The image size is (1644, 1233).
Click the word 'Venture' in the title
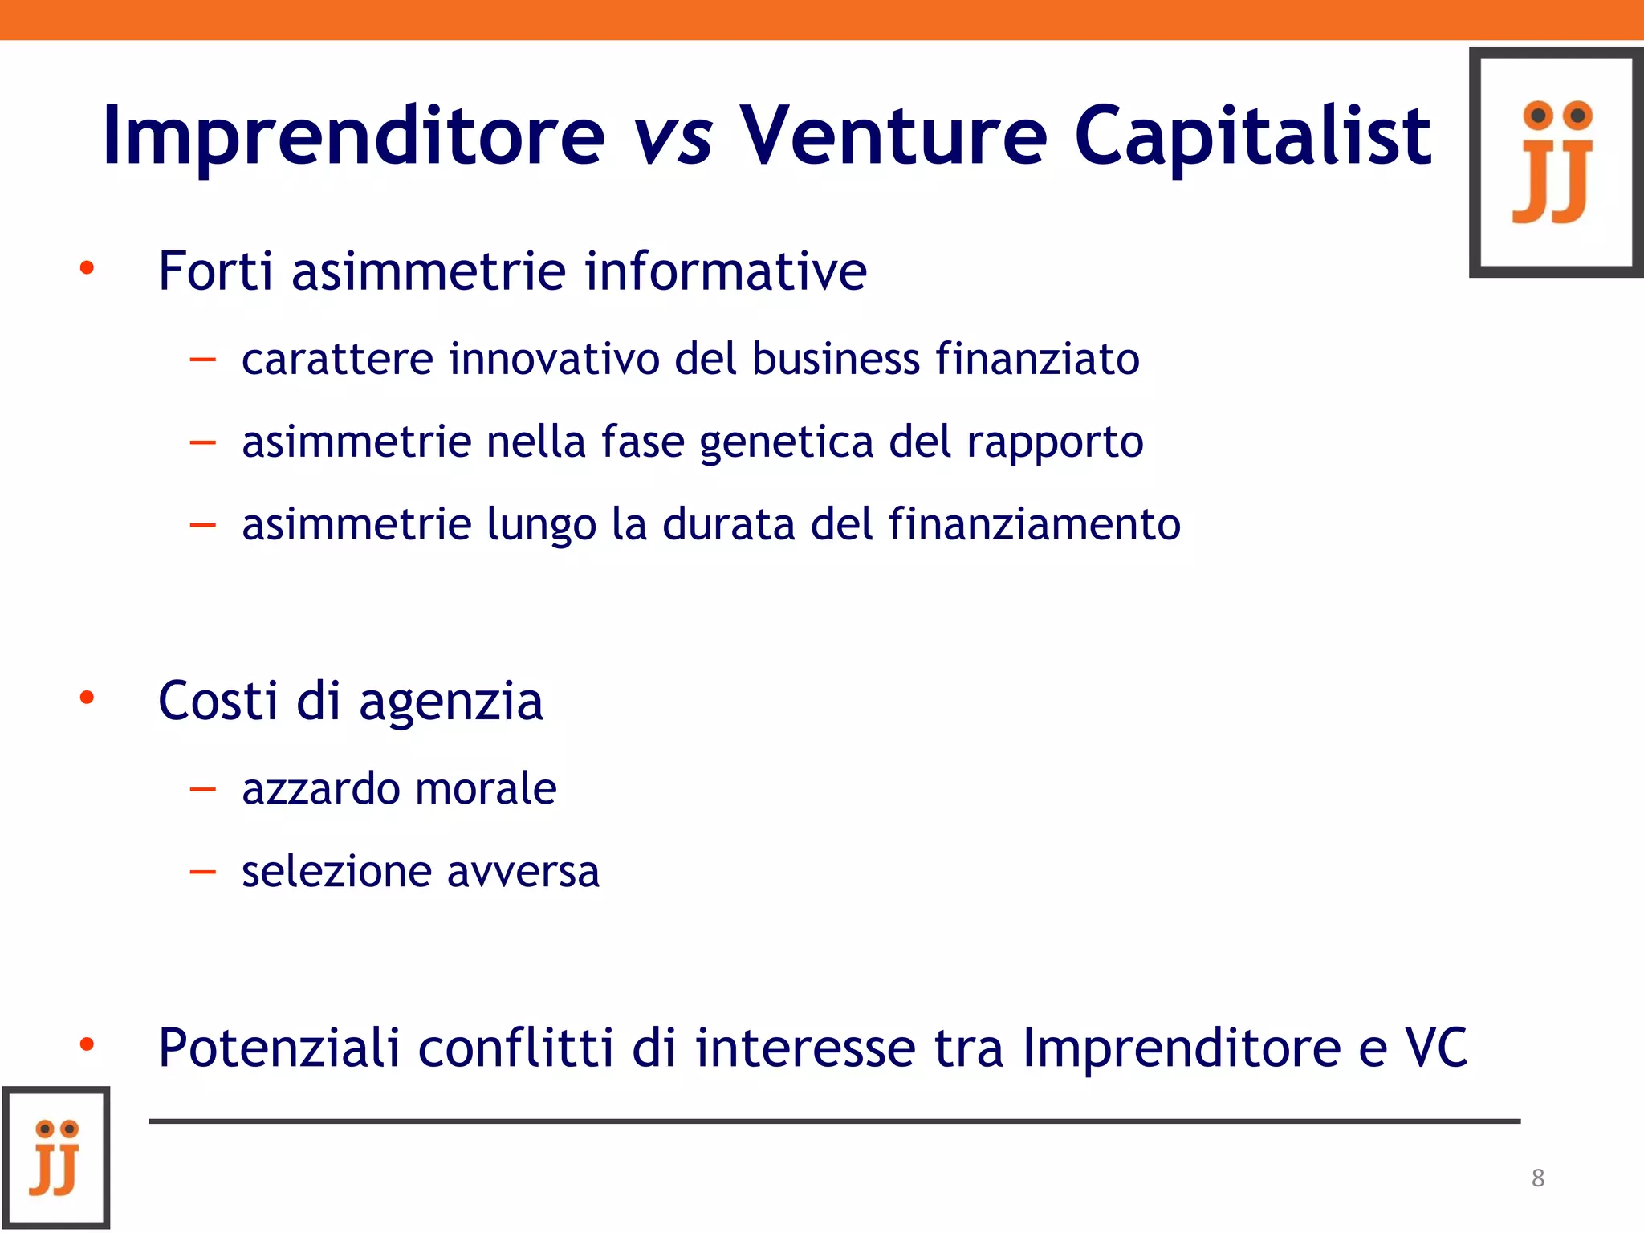(x=893, y=136)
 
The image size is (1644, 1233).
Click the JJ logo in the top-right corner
(x=1557, y=162)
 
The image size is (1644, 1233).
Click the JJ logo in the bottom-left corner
(x=55, y=1158)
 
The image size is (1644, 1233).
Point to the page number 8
(x=1537, y=1178)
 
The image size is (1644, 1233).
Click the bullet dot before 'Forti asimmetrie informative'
(x=87, y=268)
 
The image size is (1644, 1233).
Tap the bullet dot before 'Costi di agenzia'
(x=87, y=698)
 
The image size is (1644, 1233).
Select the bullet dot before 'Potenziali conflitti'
(x=87, y=1044)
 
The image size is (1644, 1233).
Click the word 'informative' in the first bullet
(x=726, y=271)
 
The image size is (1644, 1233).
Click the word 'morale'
(x=486, y=788)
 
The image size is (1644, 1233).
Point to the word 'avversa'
(x=523, y=873)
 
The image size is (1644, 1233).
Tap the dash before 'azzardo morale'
(x=203, y=789)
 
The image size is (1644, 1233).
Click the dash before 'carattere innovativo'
(x=203, y=360)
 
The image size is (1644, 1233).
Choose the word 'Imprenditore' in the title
(x=354, y=137)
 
